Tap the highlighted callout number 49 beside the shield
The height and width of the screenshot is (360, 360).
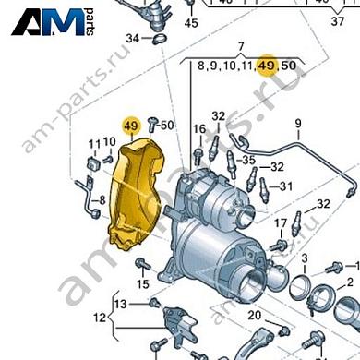pyautogui.click(x=129, y=125)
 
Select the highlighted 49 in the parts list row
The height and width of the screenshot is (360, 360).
pyautogui.click(x=267, y=66)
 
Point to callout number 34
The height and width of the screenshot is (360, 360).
pyautogui.click(x=132, y=39)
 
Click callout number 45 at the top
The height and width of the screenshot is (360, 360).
pyautogui.click(x=190, y=22)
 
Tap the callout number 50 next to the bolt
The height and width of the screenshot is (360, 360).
pyautogui.click(x=167, y=125)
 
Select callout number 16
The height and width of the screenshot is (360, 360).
pyautogui.click(x=198, y=128)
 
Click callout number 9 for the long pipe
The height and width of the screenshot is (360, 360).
pyautogui.click(x=298, y=124)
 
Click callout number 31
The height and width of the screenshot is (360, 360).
pyautogui.click(x=286, y=186)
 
